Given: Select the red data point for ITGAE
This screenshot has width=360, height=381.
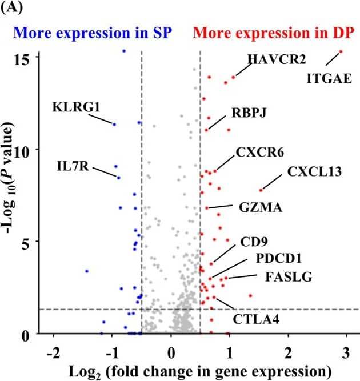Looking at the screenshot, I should click(341, 51).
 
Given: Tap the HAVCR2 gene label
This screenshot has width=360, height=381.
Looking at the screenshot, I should click(277, 59).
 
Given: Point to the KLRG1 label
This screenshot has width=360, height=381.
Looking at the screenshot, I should click(76, 107).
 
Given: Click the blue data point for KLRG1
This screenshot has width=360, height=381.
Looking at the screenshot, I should click(114, 124).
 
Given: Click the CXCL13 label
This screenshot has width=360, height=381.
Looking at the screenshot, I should click(314, 171).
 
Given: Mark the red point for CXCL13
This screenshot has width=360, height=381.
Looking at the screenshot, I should click(261, 190).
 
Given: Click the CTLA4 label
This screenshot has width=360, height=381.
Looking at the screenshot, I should click(256, 318).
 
